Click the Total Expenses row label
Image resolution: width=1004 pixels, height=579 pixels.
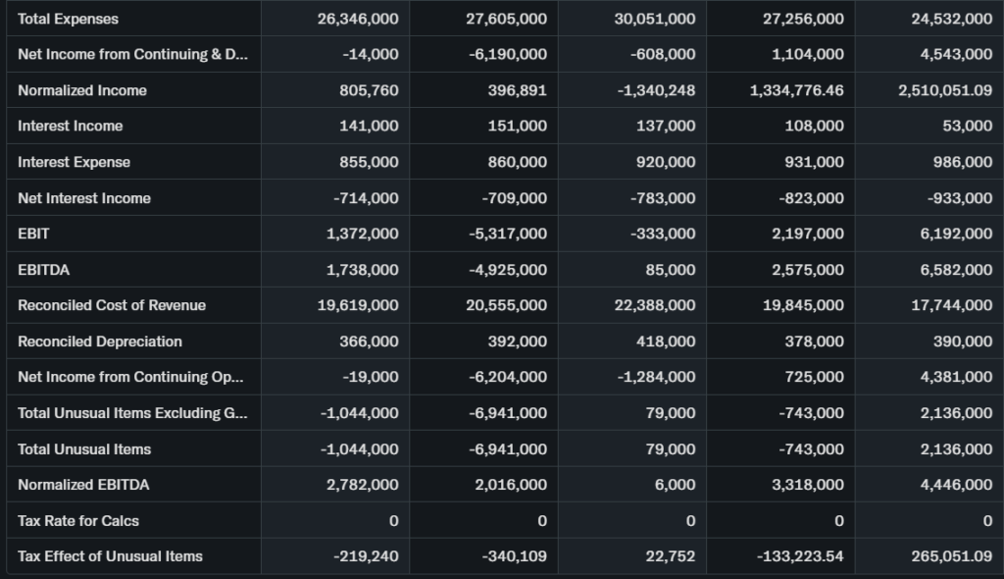coord(68,19)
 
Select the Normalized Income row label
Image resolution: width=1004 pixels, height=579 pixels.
coord(82,90)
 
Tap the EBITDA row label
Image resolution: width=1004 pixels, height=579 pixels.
coord(44,270)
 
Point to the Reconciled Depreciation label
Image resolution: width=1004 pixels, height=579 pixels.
coord(100,342)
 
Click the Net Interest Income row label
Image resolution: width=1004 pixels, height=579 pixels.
coord(84,198)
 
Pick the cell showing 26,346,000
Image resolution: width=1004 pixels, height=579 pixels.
coord(358,19)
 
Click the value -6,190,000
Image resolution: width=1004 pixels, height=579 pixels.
coord(508,54)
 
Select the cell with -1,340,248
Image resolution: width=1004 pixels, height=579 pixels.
coord(656,90)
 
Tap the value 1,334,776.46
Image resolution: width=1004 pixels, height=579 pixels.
coord(796,90)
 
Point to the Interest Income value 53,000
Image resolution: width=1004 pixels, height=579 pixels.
coord(965,126)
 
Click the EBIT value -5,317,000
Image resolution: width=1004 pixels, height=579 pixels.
coord(508,234)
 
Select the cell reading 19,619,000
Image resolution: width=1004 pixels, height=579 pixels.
coord(358,305)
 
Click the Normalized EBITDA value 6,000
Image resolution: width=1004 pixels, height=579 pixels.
coord(676,485)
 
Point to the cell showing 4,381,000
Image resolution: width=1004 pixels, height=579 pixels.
coord(956,377)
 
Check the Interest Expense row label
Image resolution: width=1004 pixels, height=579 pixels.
coord(74,162)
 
